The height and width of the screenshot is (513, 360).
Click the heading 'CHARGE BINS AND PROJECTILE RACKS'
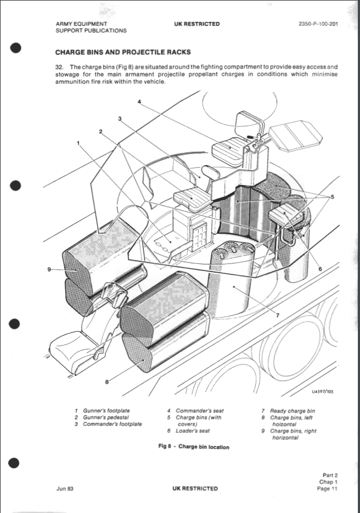click(123, 53)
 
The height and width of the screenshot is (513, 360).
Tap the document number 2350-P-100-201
click(318, 24)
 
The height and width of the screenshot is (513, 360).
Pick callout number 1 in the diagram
click(78, 142)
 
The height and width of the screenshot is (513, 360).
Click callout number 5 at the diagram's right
click(332, 196)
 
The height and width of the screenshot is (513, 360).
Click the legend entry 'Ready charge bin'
click(292, 411)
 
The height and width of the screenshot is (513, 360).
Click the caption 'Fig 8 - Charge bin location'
click(194, 447)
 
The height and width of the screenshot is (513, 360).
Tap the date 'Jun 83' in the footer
click(64, 488)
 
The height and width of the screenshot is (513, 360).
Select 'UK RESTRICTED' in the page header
click(196, 24)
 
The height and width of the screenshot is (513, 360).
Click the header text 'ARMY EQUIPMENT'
click(81, 24)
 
